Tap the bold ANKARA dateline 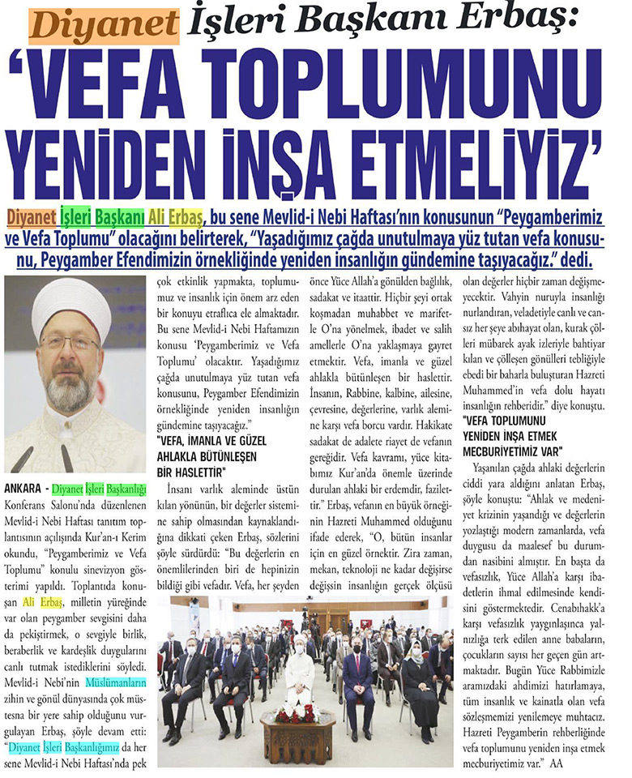26,489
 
